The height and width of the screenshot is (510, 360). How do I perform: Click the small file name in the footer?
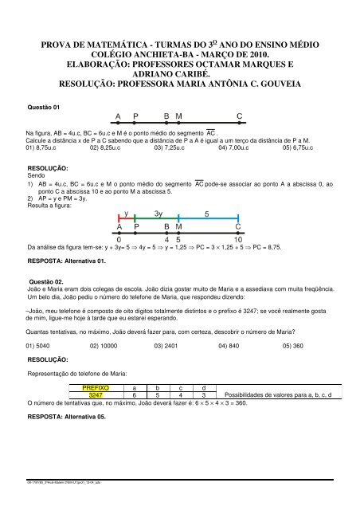click(53, 502)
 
